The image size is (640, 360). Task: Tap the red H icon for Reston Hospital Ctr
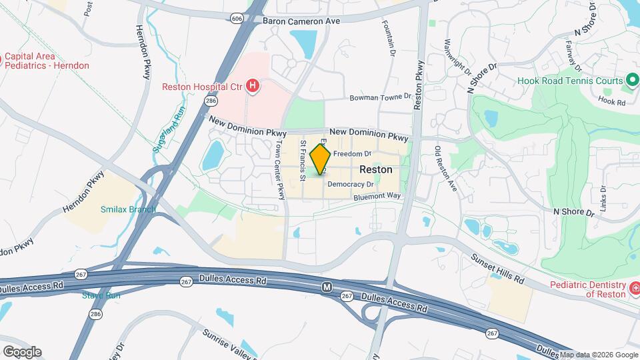[x=252, y=85]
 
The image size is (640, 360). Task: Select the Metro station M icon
[x=327, y=287]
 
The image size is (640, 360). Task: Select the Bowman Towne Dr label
[x=381, y=97]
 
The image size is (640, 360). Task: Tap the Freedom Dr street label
[x=351, y=153]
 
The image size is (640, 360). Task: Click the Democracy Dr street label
[x=351, y=184]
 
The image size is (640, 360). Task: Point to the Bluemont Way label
[x=377, y=196]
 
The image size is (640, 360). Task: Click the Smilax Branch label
[x=127, y=209]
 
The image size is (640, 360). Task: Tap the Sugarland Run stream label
[x=168, y=127]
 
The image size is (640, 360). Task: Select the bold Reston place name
[x=376, y=169]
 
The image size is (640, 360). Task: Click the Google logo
[x=21, y=351]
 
